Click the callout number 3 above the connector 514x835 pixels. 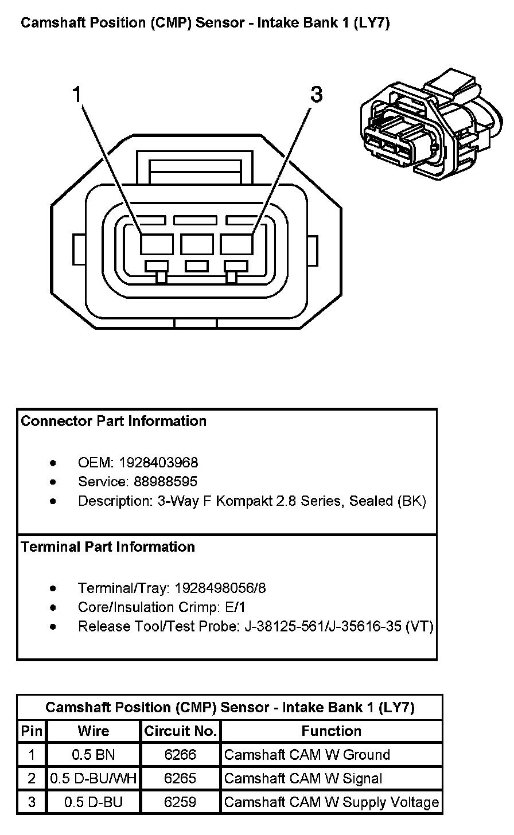point(316,95)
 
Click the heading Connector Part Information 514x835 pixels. point(114,422)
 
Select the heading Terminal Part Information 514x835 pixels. point(108,547)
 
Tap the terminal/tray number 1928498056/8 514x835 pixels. point(220,588)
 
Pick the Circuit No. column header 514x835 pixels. point(180,731)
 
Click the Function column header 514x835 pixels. point(331,731)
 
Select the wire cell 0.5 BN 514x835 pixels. point(94,755)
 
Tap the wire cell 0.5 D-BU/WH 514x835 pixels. point(94,779)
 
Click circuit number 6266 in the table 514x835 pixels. point(180,755)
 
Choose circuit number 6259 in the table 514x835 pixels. point(180,802)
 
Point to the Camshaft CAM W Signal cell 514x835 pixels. point(303,779)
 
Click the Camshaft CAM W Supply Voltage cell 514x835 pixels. point(332,802)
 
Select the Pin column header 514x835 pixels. point(32,731)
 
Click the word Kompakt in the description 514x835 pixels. point(221,501)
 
